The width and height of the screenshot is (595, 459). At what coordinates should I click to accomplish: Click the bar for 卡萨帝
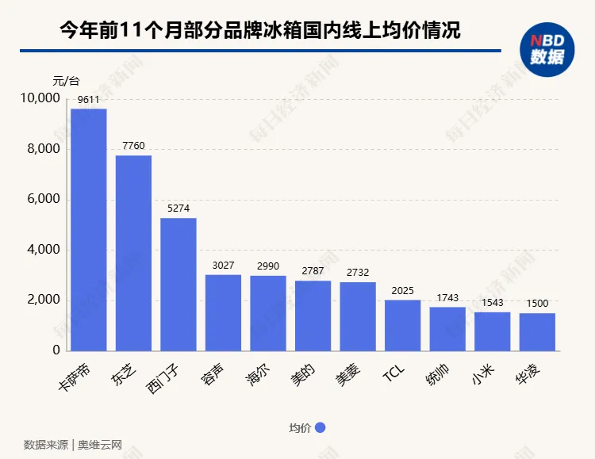point(89,230)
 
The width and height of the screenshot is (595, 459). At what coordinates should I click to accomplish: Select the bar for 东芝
point(133,253)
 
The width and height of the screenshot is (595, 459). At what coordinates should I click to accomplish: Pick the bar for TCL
point(402,325)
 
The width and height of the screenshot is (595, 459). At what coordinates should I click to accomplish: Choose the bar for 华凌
point(537,331)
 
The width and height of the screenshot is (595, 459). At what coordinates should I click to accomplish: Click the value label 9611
point(88,101)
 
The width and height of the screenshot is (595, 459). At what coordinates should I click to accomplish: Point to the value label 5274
point(178,210)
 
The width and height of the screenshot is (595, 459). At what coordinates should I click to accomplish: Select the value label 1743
point(447,298)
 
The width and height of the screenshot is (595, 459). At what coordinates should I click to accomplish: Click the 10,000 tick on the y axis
point(39,98)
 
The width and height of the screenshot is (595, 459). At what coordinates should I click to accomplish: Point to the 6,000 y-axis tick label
point(43,199)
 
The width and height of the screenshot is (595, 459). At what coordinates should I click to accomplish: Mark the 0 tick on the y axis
point(56,350)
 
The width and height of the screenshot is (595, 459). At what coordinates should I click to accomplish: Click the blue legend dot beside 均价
point(321,428)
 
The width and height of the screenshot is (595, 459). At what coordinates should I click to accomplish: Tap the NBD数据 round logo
point(547,49)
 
